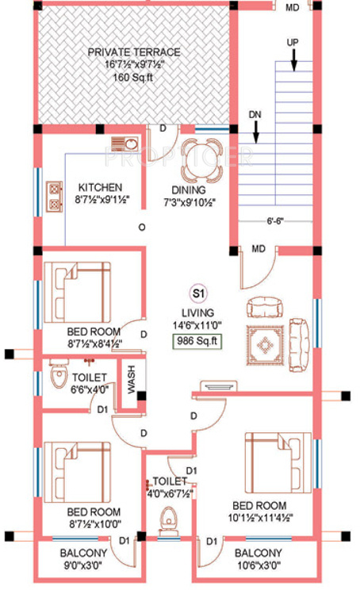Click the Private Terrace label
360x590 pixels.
pos(134,52)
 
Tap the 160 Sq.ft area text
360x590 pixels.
pos(133,78)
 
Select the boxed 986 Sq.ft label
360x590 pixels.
pos(197,341)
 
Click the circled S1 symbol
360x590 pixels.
pos(198,293)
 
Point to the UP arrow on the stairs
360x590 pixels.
pos(294,59)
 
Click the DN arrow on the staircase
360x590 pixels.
pos(256,132)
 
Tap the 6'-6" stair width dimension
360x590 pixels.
pos(275,221)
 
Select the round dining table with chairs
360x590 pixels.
pos(202,160)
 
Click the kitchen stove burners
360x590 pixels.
pos(54,196)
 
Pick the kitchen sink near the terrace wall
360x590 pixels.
pos(125,144)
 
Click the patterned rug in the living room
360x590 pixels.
pos(265,345)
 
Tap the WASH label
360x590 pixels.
pos(131,380)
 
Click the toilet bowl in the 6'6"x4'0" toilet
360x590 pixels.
pos(59,375)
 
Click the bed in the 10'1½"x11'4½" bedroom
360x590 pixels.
pos(278,462)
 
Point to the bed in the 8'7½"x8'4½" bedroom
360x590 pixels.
pos(78,293)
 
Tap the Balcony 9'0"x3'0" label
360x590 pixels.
pos(83,559)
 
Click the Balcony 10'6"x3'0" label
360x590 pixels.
pos(258,559)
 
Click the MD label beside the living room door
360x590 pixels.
pos(259,249)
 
